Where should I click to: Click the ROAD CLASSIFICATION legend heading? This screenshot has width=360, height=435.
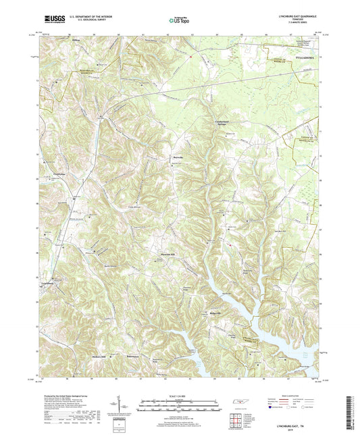(x=286, y=388)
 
